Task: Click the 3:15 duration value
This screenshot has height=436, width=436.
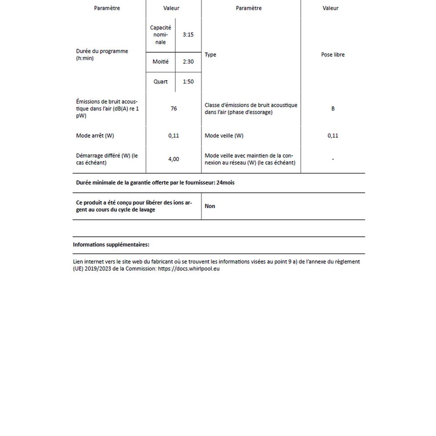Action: click(x=188, y=35)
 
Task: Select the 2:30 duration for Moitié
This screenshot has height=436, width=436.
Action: click(x=188, y=62)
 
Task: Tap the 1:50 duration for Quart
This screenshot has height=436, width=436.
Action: click(x=188, y=82)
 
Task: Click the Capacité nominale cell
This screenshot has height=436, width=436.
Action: click(x=161, y=35)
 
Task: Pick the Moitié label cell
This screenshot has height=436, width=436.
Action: click(x=161, y=62)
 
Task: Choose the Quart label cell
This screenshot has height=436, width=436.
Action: click(x=161, y=82)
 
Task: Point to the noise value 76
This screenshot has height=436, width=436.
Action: click(x=174, y=109)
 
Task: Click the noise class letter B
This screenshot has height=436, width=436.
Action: click(x=333, y=109)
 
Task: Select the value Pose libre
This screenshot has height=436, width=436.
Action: click(x=333, y=55)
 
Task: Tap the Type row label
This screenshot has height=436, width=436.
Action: click(x=210, y=55)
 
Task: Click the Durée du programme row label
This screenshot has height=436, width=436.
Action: click(x=102, y=54)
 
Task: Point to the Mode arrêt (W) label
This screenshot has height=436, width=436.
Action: click(x=95, y=136)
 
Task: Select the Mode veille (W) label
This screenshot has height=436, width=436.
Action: click(x=224, y=136)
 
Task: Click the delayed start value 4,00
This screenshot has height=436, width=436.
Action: click(x=174, y=159)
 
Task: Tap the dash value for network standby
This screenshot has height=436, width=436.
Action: click(x=333, y=159)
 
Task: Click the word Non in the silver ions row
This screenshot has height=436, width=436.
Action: click(x=210, y=206)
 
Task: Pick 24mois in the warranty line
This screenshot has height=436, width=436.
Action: click(x=226, y=183)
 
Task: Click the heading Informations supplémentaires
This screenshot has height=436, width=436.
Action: click(x=111, y=245)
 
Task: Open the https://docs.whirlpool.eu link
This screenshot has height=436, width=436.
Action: click(x=189, y=269)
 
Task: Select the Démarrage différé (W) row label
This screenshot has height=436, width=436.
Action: click(x=107, y=159)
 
